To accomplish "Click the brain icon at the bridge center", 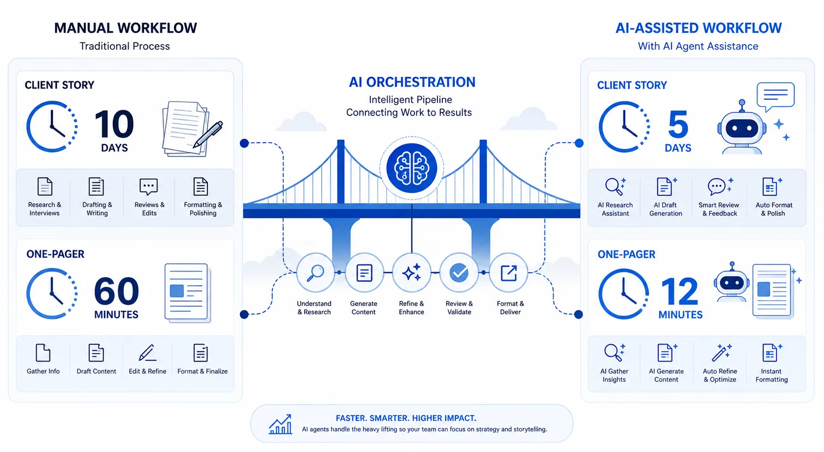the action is (412, 168).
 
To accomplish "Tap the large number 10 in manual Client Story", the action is (114, 124).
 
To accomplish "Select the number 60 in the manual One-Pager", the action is (116, 291).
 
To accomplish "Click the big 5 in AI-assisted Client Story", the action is (678, 125).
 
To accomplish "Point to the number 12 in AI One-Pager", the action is (679, 291).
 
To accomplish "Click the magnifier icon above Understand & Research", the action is (315, 273).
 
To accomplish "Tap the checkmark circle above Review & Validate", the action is (459, 273).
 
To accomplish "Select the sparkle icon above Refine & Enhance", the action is (412, 273).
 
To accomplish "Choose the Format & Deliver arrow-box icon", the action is (509, 273).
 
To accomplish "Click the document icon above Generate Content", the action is (364, 273).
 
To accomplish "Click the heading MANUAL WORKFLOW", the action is (126, 28).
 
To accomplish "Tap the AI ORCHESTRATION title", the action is (412, 82).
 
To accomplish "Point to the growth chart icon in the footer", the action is (280, 424).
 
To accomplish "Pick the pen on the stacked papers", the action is (208, 135).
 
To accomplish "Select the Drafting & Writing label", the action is (97, 209).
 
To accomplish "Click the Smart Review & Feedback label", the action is (719, 209).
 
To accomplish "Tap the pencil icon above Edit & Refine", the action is (147, 353).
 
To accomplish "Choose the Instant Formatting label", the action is (771, 376).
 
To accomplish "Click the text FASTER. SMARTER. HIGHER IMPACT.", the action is (406, 418).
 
